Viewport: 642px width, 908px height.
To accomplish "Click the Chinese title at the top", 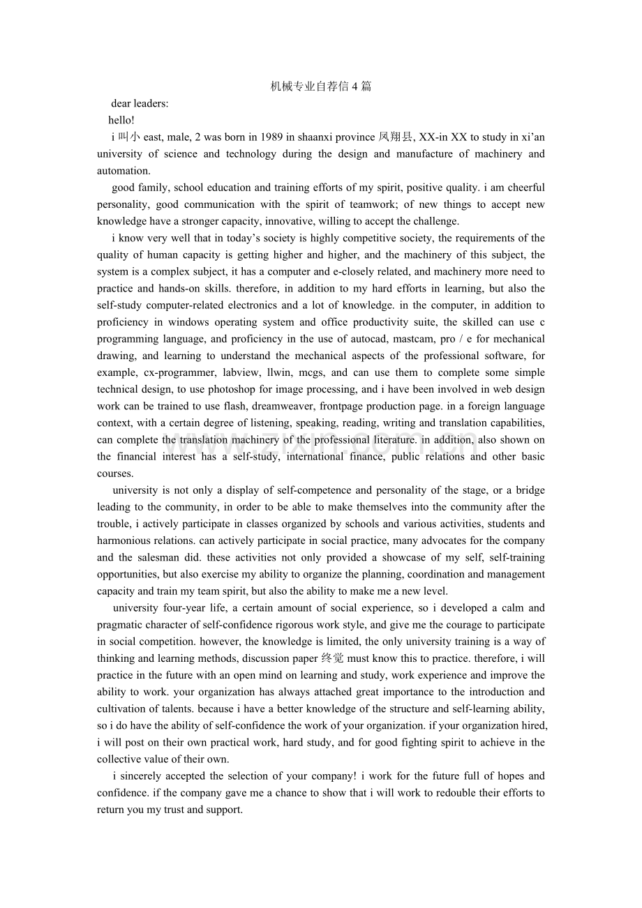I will (x=321, y=86).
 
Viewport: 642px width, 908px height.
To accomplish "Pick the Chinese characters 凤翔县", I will (x=396, y=137).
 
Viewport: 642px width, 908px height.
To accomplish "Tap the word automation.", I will (x=124, y=170).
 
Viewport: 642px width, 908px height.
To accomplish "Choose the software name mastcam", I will (x=409, y=339).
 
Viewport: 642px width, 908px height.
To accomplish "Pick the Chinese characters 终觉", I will (x=332, y=658).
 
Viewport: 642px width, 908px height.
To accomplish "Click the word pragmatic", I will (x=119, y=625).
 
